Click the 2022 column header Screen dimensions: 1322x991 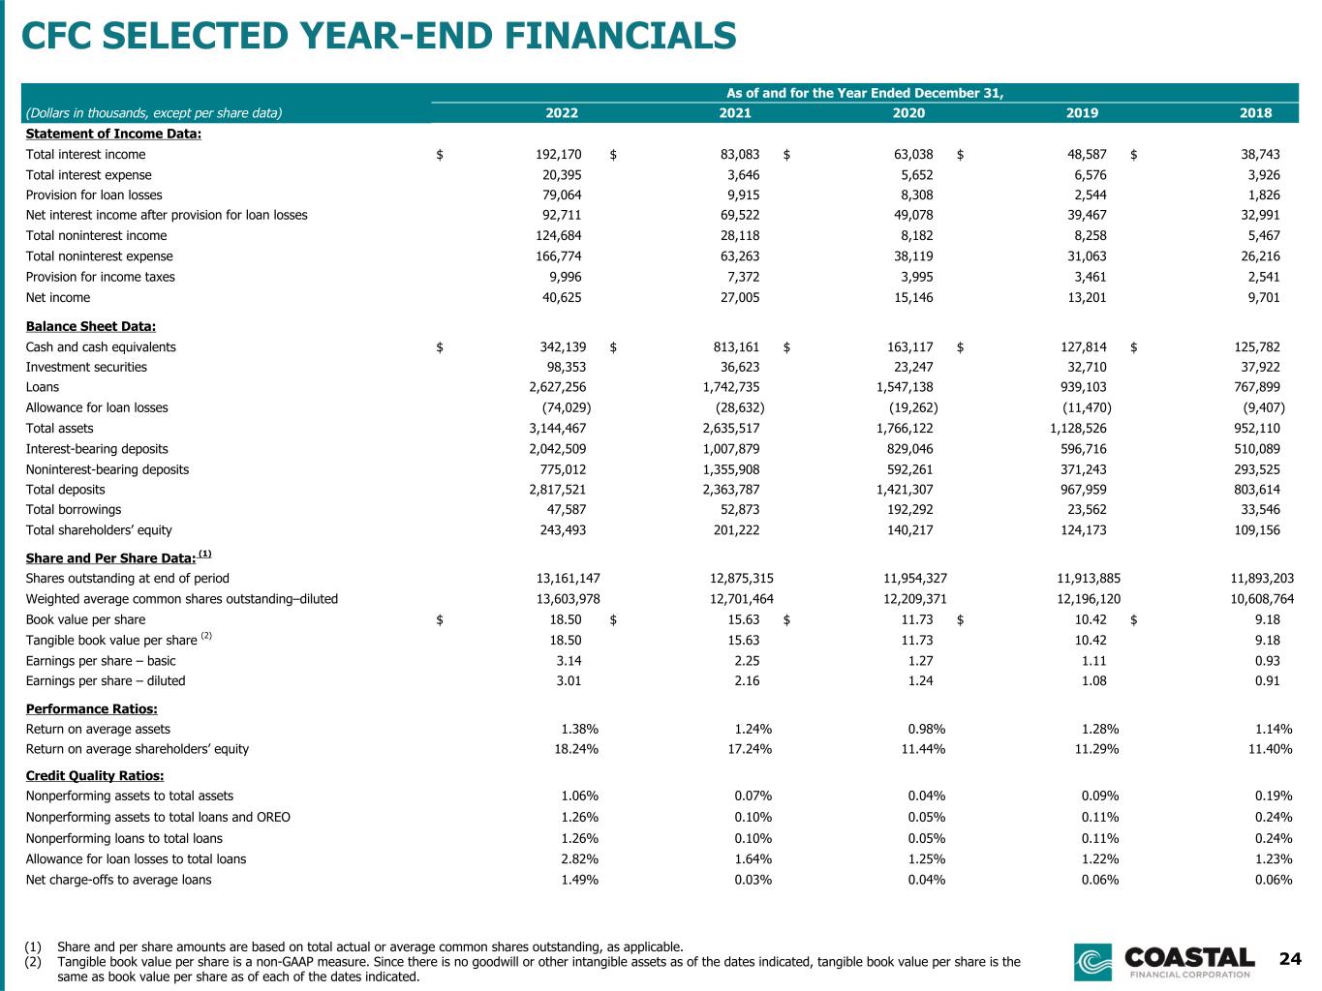click(x=562, y=112)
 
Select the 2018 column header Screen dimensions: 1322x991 click(x=1255, y=112)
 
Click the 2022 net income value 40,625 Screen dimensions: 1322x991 click(x=562, y=297)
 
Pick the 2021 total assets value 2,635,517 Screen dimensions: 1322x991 click(x=730, y=429)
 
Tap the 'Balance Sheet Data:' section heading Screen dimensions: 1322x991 click(x=91, y=326)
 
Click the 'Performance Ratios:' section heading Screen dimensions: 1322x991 click(x=92, y=708)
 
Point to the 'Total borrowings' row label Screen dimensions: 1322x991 click(x=74, y=510)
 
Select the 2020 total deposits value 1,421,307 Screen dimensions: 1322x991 click(x=904, y=490)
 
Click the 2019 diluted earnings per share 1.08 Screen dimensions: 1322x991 click(x=1093, y=680)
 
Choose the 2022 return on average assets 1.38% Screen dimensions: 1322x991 click(x=579, y=730)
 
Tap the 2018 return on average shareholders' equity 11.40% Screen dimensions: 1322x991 click(x=1270, y=749)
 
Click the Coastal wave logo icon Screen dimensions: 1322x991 click(x=1092, y=961)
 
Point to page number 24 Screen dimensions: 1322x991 click(x=1290, y=958)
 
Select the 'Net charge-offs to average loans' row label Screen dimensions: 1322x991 click(x=119, y=880)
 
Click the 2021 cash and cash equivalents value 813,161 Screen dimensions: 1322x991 click(x=736, y=347)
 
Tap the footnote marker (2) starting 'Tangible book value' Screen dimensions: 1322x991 click(x=33, y=962)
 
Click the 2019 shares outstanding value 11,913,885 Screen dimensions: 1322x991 click(x=1089, y=578)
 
